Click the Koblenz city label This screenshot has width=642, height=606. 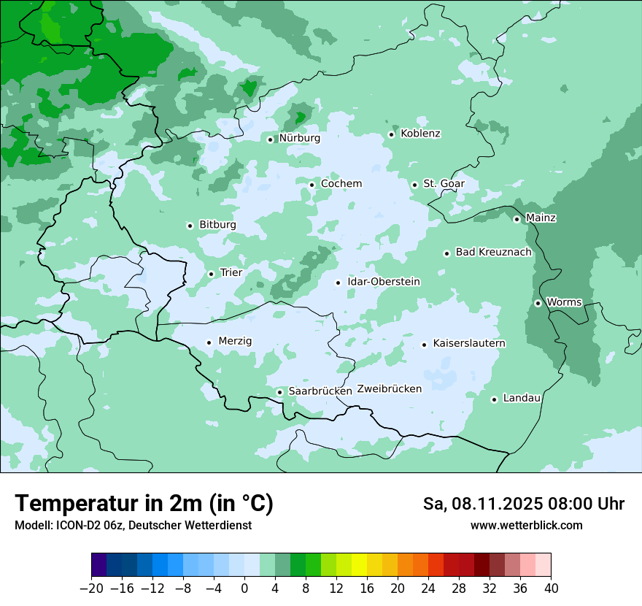click(x=420, y=134)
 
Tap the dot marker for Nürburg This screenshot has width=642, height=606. click(x=270, y=139)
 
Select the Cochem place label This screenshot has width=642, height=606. click(x=341, y=184)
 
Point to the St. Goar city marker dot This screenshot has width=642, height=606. click(x=414, y=185)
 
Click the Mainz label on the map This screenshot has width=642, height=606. click(x=541, y=218)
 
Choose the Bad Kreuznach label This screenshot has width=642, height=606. click(x=493, y=252)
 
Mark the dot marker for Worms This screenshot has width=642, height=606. click(x=538, y=303)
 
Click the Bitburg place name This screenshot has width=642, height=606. click(x=217, y=225)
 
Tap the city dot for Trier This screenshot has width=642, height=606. click(x=211, y=274)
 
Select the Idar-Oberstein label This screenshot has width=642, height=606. click(x=384, y=282)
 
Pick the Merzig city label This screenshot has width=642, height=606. click(x=235, y=341)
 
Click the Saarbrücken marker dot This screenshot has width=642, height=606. click(x=279, y=392)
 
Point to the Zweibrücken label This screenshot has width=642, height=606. click(x=389, y=389)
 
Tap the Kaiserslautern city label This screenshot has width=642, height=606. click(x=469, y=343)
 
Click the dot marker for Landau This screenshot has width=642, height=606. click(x=494, y=399)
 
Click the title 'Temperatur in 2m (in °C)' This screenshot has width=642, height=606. click(x=144, y=504)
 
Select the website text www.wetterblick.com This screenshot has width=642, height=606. click(x=526, y=525)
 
